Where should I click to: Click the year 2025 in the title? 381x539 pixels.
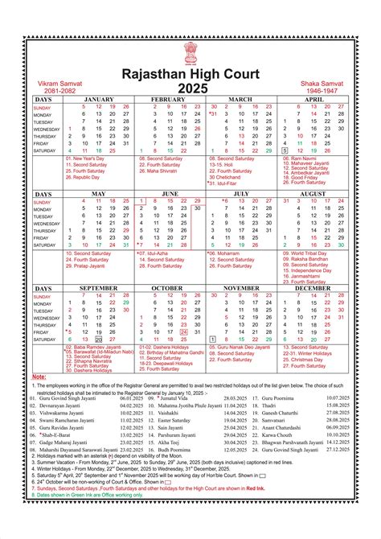click(191, 87)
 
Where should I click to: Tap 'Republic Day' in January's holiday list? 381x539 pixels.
click(88, 177)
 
